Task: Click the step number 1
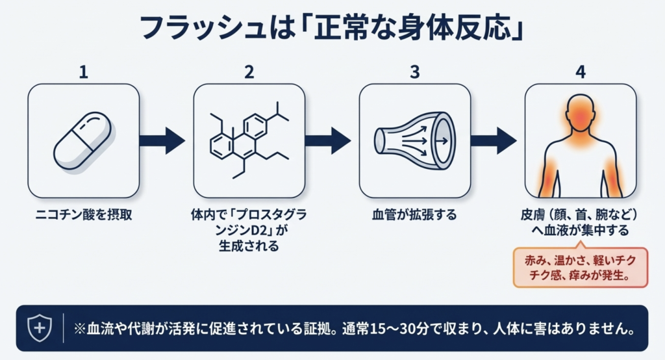click(x=83, y=72)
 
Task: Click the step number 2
click(x=249, y=72)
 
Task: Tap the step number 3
click(x=415, y=72)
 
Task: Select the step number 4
click(x=581, y=72)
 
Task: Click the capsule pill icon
click(x=82, y=140)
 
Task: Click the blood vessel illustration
click(x=415, y=140)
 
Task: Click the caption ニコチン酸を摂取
click(x=83, y=214)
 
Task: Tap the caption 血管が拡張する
click(x=415, y=214)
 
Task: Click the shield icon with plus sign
click(x=40, y=328)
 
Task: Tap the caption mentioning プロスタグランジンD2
click(x=249, y=230)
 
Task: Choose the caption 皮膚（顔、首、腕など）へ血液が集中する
click(x=581, y=222)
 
